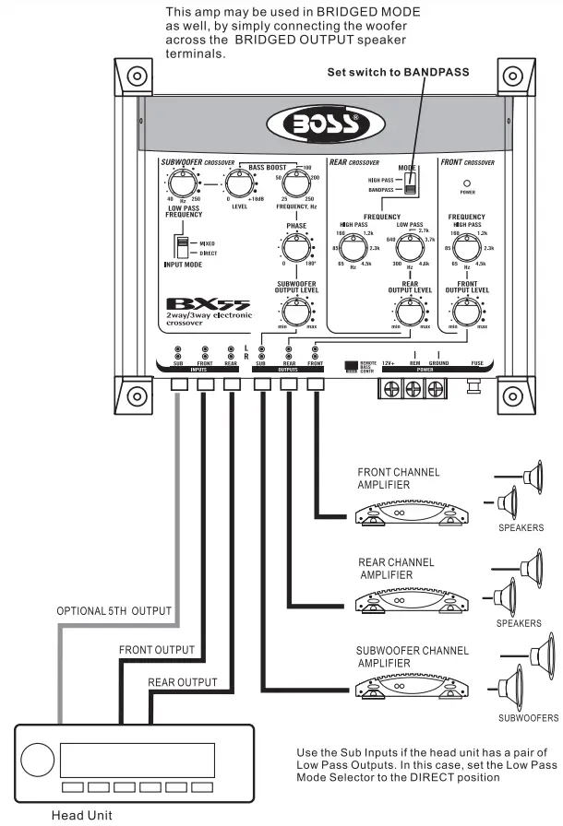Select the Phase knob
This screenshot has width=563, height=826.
[x=295, y=248]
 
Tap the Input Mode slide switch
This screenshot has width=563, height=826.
[x=185, y=250]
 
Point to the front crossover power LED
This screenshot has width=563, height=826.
[x=467, y=183]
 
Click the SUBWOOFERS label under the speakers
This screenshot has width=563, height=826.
[x=528, y=717]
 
